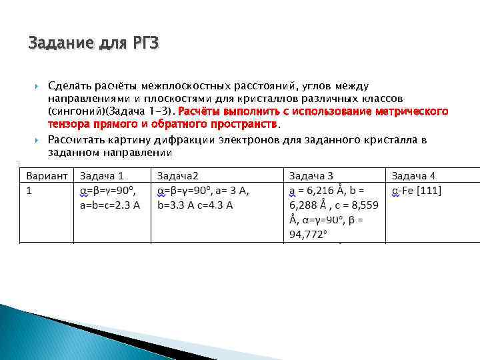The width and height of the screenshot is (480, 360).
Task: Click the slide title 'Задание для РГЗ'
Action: [x=94, y=44]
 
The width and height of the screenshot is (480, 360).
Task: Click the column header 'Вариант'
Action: [x=47, y=175]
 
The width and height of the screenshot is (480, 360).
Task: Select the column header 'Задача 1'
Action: [x=101, y=175]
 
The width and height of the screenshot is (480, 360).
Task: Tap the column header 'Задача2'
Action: [x=179, y=175]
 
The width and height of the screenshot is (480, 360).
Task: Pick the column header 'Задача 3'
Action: [x=311, y=175]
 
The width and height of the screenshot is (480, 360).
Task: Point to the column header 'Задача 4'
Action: [x=413, y=175]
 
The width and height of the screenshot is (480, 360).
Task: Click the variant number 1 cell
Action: [x=29, y=191]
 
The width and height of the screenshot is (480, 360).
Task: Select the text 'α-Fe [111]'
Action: [x=416, y=191]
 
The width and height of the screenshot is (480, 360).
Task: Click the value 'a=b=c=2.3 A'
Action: [x=109, y=205]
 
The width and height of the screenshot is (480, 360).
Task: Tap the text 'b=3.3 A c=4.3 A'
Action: [x=195, y=205]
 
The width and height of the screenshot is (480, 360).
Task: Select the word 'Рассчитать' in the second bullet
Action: [x=75, y=139]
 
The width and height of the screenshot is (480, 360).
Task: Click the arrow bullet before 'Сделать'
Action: [x=37, y=87]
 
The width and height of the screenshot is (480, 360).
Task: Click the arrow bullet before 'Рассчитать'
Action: [x=37, y=140]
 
